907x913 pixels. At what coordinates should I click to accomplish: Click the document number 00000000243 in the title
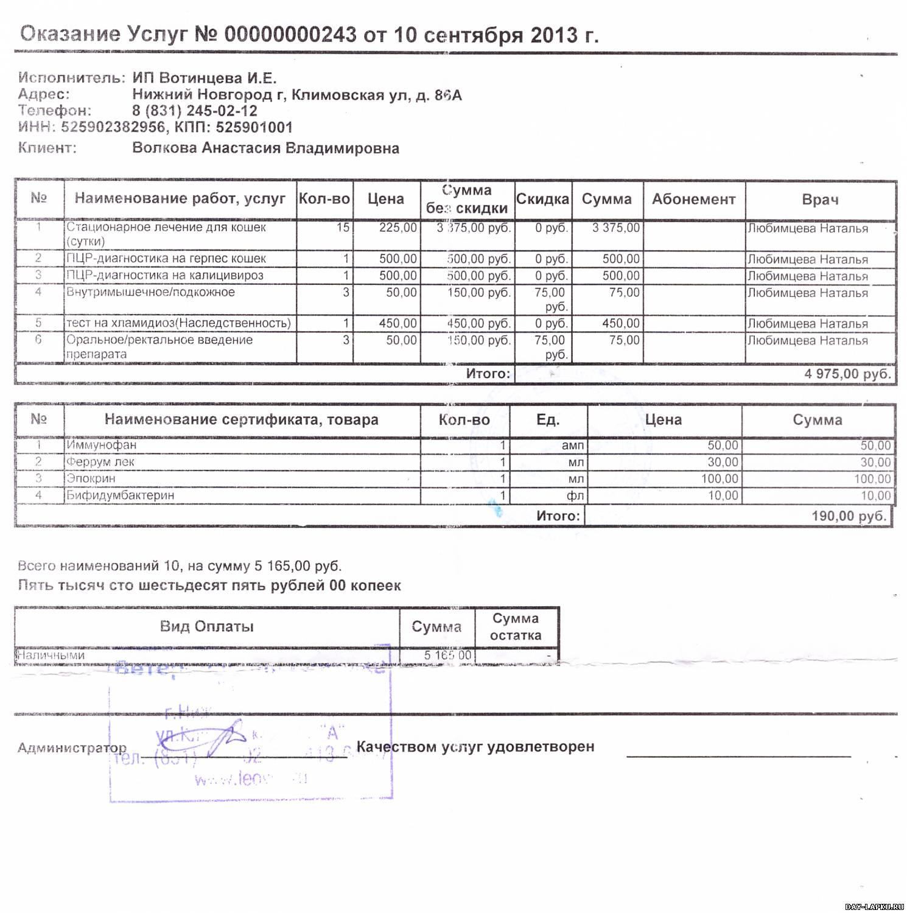290,35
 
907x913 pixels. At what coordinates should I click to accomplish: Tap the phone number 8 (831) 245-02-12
195,111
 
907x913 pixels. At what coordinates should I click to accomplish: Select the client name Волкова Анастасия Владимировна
265,149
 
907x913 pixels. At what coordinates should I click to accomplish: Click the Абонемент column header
693,199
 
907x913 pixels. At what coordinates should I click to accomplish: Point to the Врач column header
820,200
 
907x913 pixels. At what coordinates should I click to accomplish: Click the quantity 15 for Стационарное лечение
343,228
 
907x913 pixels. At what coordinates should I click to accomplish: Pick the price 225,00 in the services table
398,228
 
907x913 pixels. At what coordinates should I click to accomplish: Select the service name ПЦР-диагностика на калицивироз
165,275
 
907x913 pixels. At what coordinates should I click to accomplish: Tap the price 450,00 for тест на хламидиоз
398,323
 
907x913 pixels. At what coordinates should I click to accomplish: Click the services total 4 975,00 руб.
847,374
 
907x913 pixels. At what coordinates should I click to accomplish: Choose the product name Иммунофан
102,445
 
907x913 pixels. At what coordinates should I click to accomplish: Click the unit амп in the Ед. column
572,446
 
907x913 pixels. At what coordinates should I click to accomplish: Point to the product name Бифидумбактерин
121,495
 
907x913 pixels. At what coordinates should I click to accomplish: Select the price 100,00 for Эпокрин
720,479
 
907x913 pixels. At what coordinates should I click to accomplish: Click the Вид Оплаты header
207,626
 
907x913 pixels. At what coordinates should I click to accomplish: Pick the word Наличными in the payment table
50,656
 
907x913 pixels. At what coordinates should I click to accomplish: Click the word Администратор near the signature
72,747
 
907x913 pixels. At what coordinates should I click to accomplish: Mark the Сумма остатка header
516,627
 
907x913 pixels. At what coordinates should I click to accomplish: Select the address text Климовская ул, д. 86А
376,95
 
